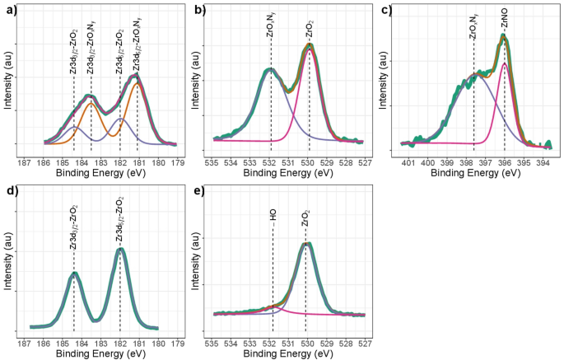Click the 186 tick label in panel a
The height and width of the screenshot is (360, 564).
(x=44, y=162)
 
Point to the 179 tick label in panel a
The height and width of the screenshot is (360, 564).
(x=175, y=162)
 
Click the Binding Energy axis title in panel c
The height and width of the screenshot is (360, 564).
(x=474, y=174)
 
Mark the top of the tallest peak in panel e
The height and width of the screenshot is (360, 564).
(x=306, y=244)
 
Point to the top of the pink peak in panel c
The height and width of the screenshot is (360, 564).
(x=504, y=63)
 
